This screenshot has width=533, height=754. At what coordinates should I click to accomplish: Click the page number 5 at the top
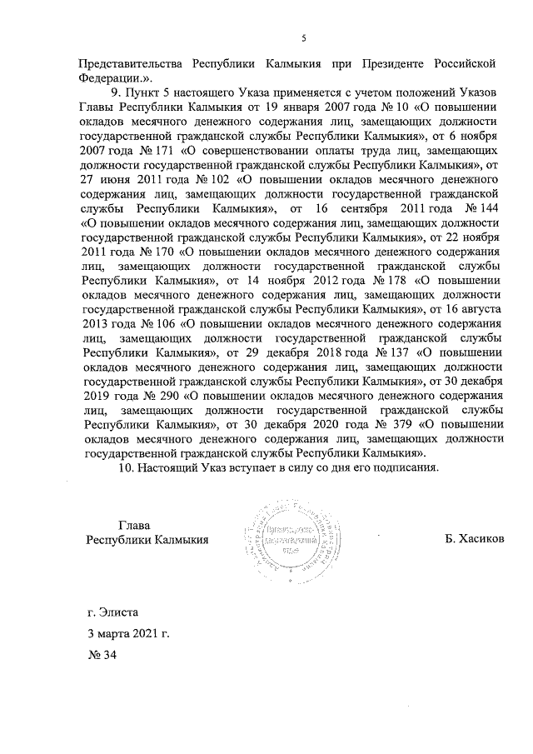304,35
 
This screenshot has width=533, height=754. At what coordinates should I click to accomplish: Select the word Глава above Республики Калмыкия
134,525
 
